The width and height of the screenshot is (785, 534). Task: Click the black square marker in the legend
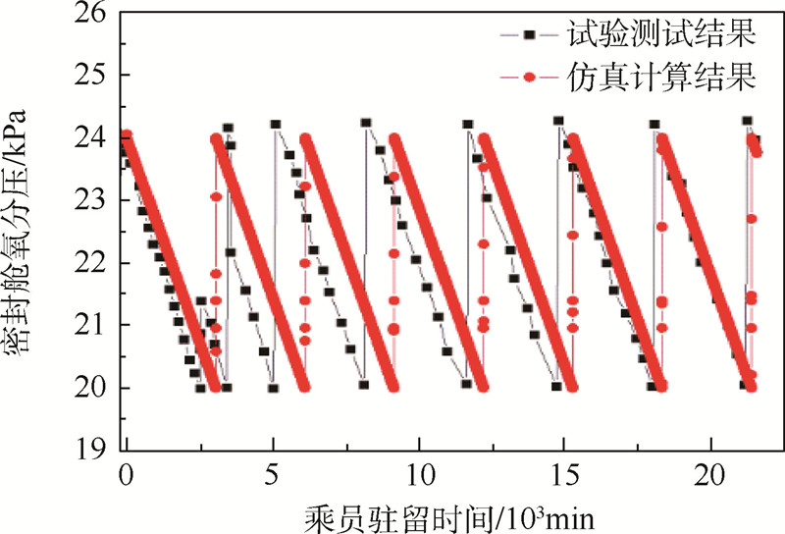[528, 35]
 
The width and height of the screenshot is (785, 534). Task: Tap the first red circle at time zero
[126, 135]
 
